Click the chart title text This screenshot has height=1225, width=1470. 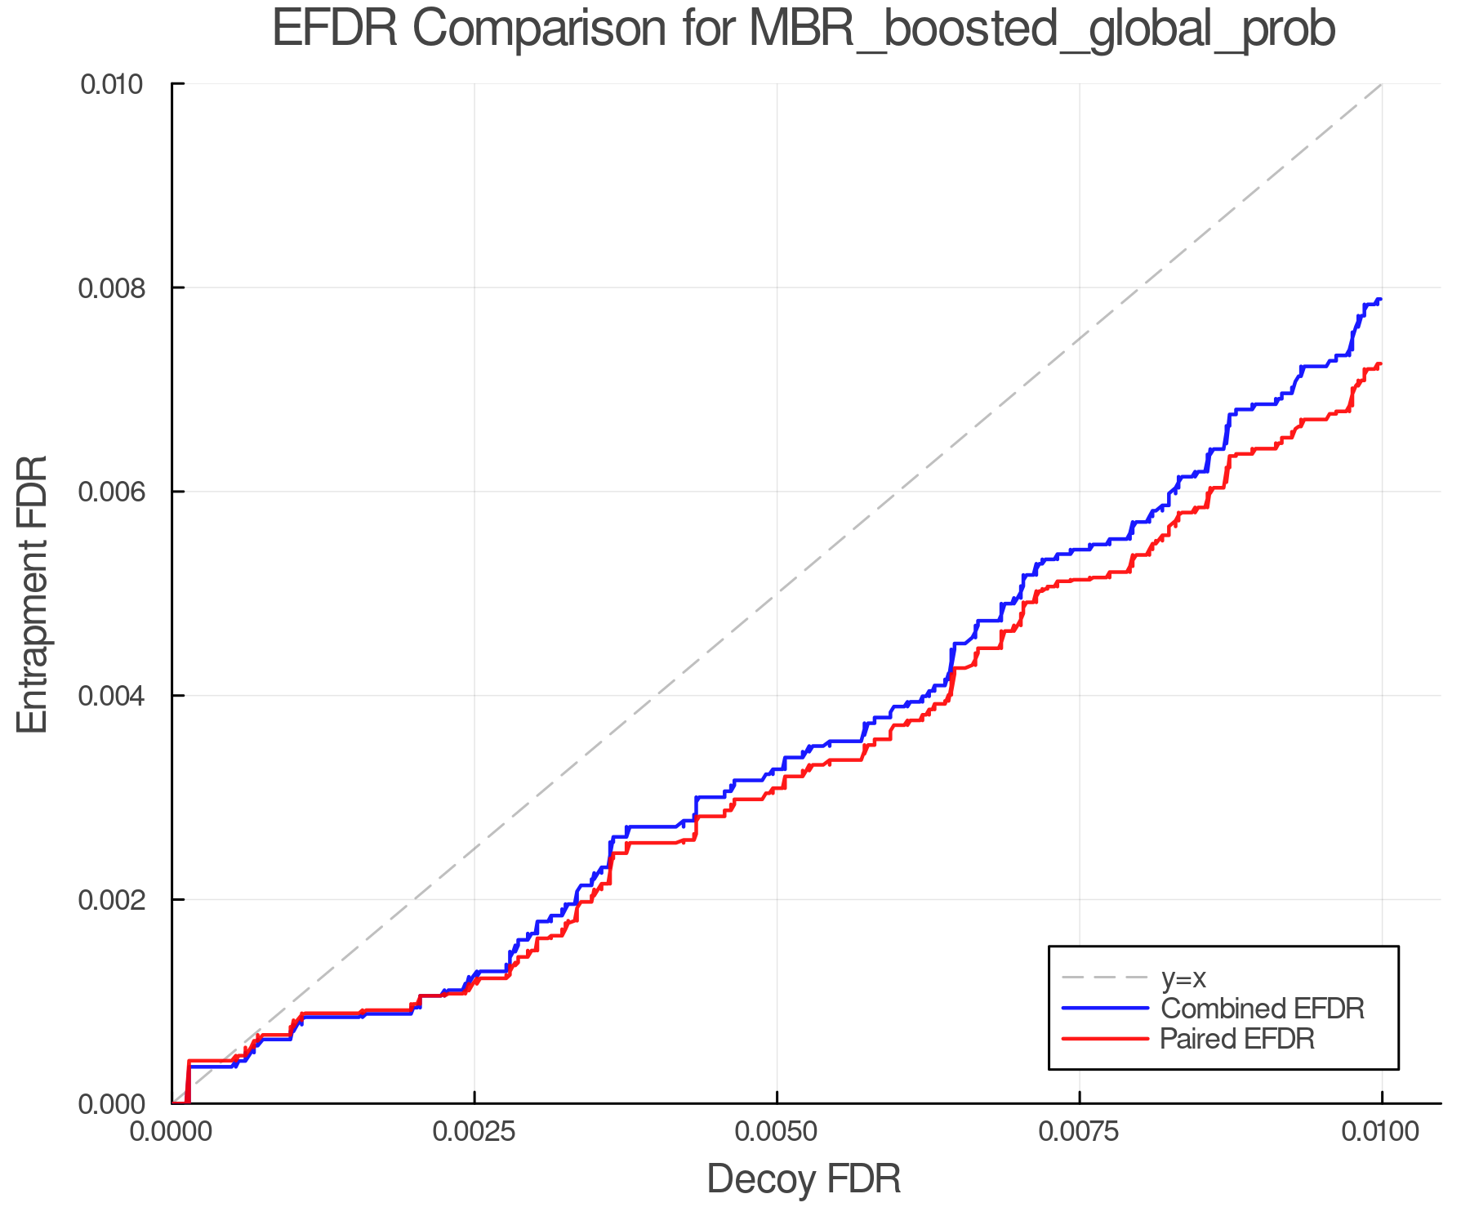click(803, 29)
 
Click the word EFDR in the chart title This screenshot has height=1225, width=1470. click(335, 29)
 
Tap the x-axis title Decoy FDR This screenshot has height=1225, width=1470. click(803, 1179)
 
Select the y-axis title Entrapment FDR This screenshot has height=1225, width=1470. click(33, 594)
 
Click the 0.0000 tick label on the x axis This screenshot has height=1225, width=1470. click(171, 1132)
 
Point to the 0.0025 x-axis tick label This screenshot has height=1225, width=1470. click(474, 1132)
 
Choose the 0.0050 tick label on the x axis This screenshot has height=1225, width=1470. click(777, 1132)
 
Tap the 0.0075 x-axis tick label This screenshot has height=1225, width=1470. click(1080, 1132)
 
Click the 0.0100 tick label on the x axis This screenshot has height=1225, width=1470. click(1382, 1132)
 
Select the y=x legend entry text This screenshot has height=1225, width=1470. click(1183, 978)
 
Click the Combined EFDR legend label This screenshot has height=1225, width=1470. click(1262, 1009)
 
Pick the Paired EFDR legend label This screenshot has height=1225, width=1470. click(1237, 1039)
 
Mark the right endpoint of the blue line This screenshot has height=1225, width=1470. click(1380, 300)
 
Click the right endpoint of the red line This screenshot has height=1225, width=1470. click(1380, 364)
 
